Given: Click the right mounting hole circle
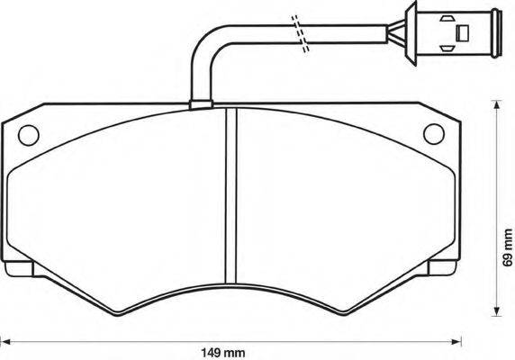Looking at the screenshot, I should pos(434,134).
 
